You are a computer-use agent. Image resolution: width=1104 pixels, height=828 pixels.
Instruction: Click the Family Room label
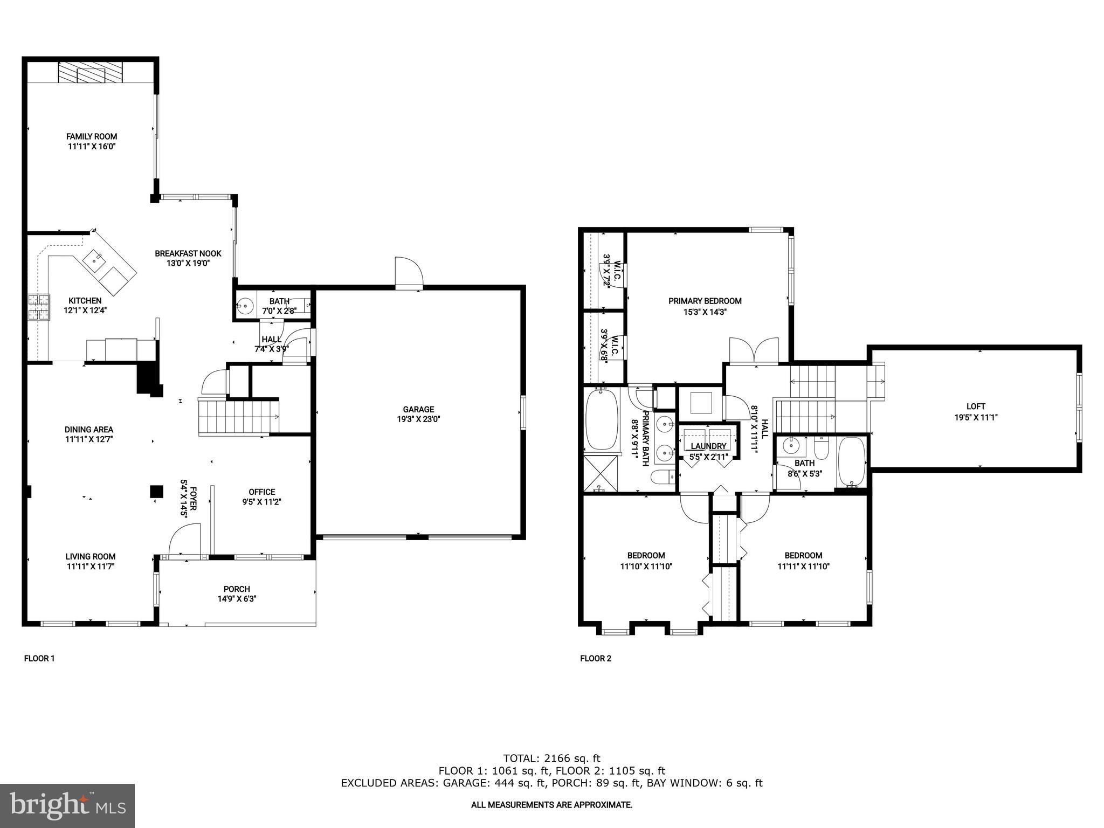pos(92,136)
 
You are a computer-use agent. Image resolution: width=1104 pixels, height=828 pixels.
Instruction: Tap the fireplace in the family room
pos(91,72)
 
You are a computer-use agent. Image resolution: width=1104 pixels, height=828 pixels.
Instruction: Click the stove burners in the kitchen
pos(39,308)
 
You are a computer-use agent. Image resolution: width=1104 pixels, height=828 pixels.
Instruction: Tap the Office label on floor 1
pos(262,492)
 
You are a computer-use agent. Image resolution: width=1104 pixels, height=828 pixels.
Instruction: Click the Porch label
pos(237,589)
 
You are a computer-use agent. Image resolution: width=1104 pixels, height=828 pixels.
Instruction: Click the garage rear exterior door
pos(409,273)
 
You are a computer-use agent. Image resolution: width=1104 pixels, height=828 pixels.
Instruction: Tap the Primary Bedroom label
pos(705,301)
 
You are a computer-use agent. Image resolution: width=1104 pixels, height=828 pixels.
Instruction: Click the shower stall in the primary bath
pos(601,473)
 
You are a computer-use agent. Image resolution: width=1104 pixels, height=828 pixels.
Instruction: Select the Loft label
pos(976,406)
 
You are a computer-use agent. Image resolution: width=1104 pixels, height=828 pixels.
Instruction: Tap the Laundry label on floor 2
pos(708,446)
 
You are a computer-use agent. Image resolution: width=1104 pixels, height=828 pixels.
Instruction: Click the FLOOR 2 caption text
pos(596,658)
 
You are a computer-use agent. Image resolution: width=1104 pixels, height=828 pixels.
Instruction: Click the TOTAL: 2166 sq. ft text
pos(551,758)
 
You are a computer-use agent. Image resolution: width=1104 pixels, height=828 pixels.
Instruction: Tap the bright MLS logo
pos(67,805)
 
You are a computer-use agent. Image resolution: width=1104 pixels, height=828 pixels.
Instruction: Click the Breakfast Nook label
pos(188,253)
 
